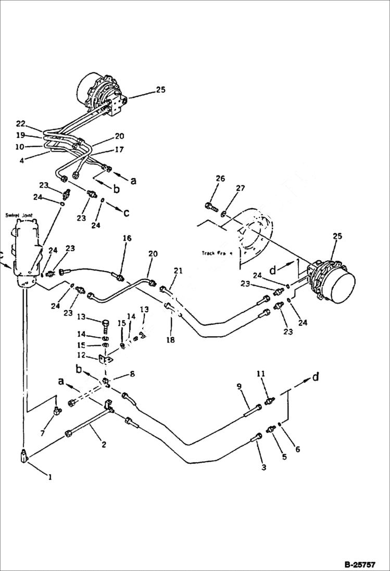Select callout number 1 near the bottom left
[50, 476]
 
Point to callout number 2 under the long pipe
[104, 444]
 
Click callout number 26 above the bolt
[220, 179]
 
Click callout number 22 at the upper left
[21, 124]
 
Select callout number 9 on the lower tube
[239, 386]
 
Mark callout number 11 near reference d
[261, 374]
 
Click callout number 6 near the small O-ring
[297, 449]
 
